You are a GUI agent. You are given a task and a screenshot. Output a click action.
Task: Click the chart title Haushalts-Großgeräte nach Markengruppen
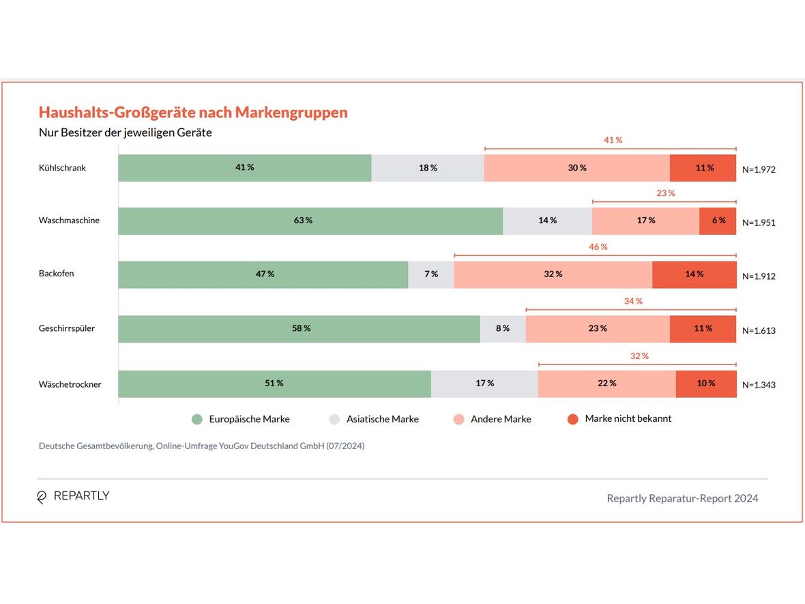[x=193, y=113]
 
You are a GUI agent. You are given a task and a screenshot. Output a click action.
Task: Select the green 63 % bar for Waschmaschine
[x=310, y=221]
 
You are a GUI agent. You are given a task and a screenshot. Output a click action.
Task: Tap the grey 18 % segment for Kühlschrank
[x=428, y=168]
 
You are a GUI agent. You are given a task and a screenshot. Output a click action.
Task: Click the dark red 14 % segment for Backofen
[x=694, y=274]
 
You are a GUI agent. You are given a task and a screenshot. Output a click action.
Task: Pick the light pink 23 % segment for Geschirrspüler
[x=598, y=329]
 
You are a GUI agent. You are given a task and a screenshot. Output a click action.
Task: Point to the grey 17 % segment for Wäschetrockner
[x=484, y=384]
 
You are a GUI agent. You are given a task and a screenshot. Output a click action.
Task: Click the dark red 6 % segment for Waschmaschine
[x=718, y=221]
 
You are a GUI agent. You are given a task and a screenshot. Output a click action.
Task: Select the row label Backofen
[x=57, y=274]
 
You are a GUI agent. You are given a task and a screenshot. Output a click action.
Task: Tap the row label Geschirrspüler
[x=67, y=328]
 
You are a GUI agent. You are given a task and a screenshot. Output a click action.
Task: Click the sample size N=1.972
[x=759, y=169]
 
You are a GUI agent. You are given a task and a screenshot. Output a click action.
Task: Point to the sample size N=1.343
[x=759, y=385]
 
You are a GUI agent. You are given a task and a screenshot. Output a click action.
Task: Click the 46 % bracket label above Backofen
[x=598, y=247]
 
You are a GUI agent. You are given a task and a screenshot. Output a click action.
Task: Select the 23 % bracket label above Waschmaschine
[x=666, y=194]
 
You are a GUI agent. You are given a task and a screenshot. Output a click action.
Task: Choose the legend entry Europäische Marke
[x=249, y=419]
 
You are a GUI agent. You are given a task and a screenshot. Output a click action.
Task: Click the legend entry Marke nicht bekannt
[x=628, y=418]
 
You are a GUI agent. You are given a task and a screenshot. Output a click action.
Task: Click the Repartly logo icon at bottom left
[x=42, y=497]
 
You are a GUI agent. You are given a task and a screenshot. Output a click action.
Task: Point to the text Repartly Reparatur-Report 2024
[x=682, y=498]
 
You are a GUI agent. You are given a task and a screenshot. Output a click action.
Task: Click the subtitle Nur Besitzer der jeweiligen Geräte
[x=126, y=132]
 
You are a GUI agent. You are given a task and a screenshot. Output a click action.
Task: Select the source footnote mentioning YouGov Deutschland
[x=202, y=446]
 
